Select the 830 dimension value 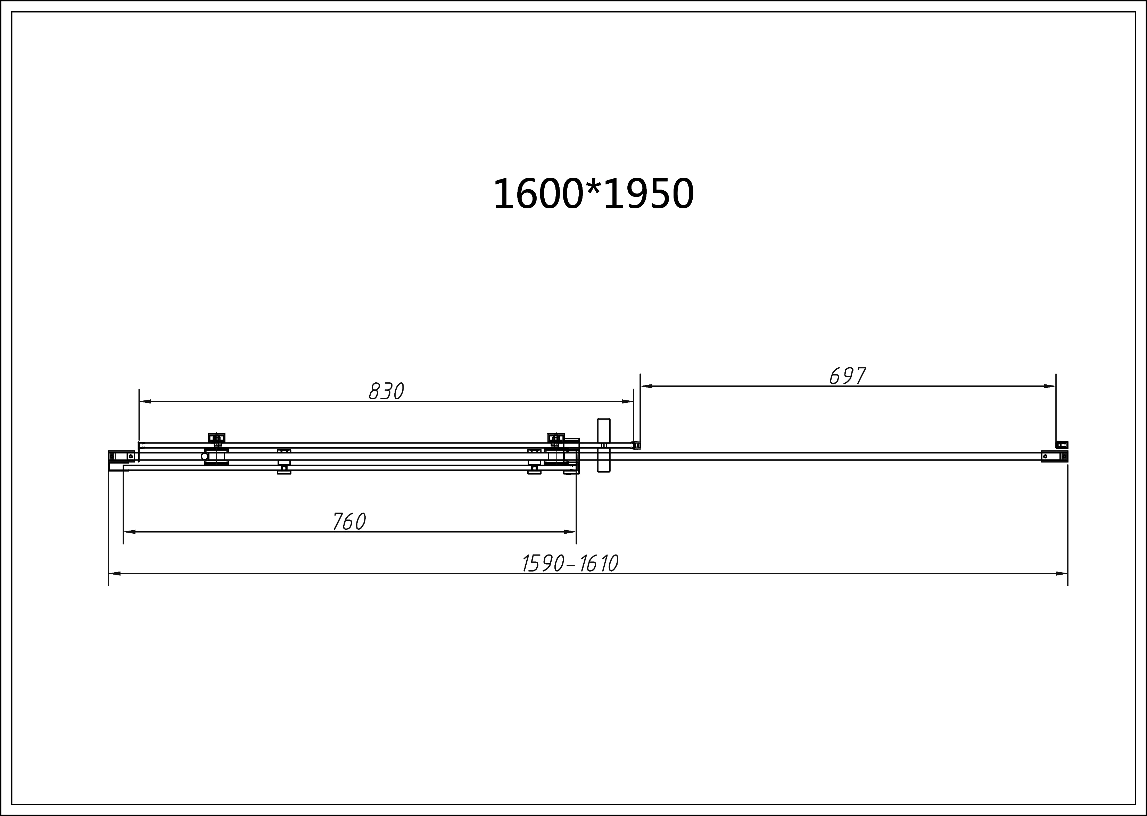[x=386, y=391]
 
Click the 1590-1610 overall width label [x=570, y=564]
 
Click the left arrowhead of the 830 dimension [x=145, y=401]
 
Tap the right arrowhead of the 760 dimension [x=570, y=532]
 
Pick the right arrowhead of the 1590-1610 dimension [x=1062, y=573]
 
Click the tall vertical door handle [x=603, y=445]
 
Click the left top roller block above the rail [x=217, y=438]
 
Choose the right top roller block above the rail [x=556, y=438]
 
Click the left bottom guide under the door [x=284, y=470]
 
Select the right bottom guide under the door [x=534, y=470]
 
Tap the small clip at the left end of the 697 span [x=636, y=445]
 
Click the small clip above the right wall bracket [x=1062, y=445]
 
